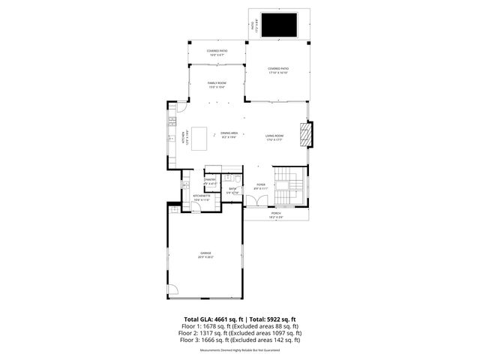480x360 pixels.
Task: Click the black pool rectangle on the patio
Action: pyautogui.click(x=280, y=26)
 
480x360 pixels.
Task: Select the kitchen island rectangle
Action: pyautogui.click(x=199, y=138)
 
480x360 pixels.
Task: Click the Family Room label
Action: pyautogui.click(x=217, y=84)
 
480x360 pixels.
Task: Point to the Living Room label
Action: pyautogui.click(x=274, y=136)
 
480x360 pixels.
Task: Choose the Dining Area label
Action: pyautogui.click(x=229, y=134)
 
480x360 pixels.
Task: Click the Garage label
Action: pyautogui.click(x=205, y=254)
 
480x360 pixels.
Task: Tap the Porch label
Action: pyautogui.click(x=276, y=214)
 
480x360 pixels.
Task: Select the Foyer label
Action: pyautogui.click(x=261, y=186)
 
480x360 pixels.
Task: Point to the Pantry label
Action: pyautogui.click(x=210, y=181)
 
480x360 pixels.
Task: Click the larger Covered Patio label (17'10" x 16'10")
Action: pyautogui.click(x=278, y=70)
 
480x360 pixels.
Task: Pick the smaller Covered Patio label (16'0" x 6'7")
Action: pyautogui.click(x=217, y=53)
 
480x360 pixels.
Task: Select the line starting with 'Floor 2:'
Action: pyautogui.click(x=240, y=333)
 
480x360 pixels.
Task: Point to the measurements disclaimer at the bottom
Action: pyautogui.click(x=240, y=349)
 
